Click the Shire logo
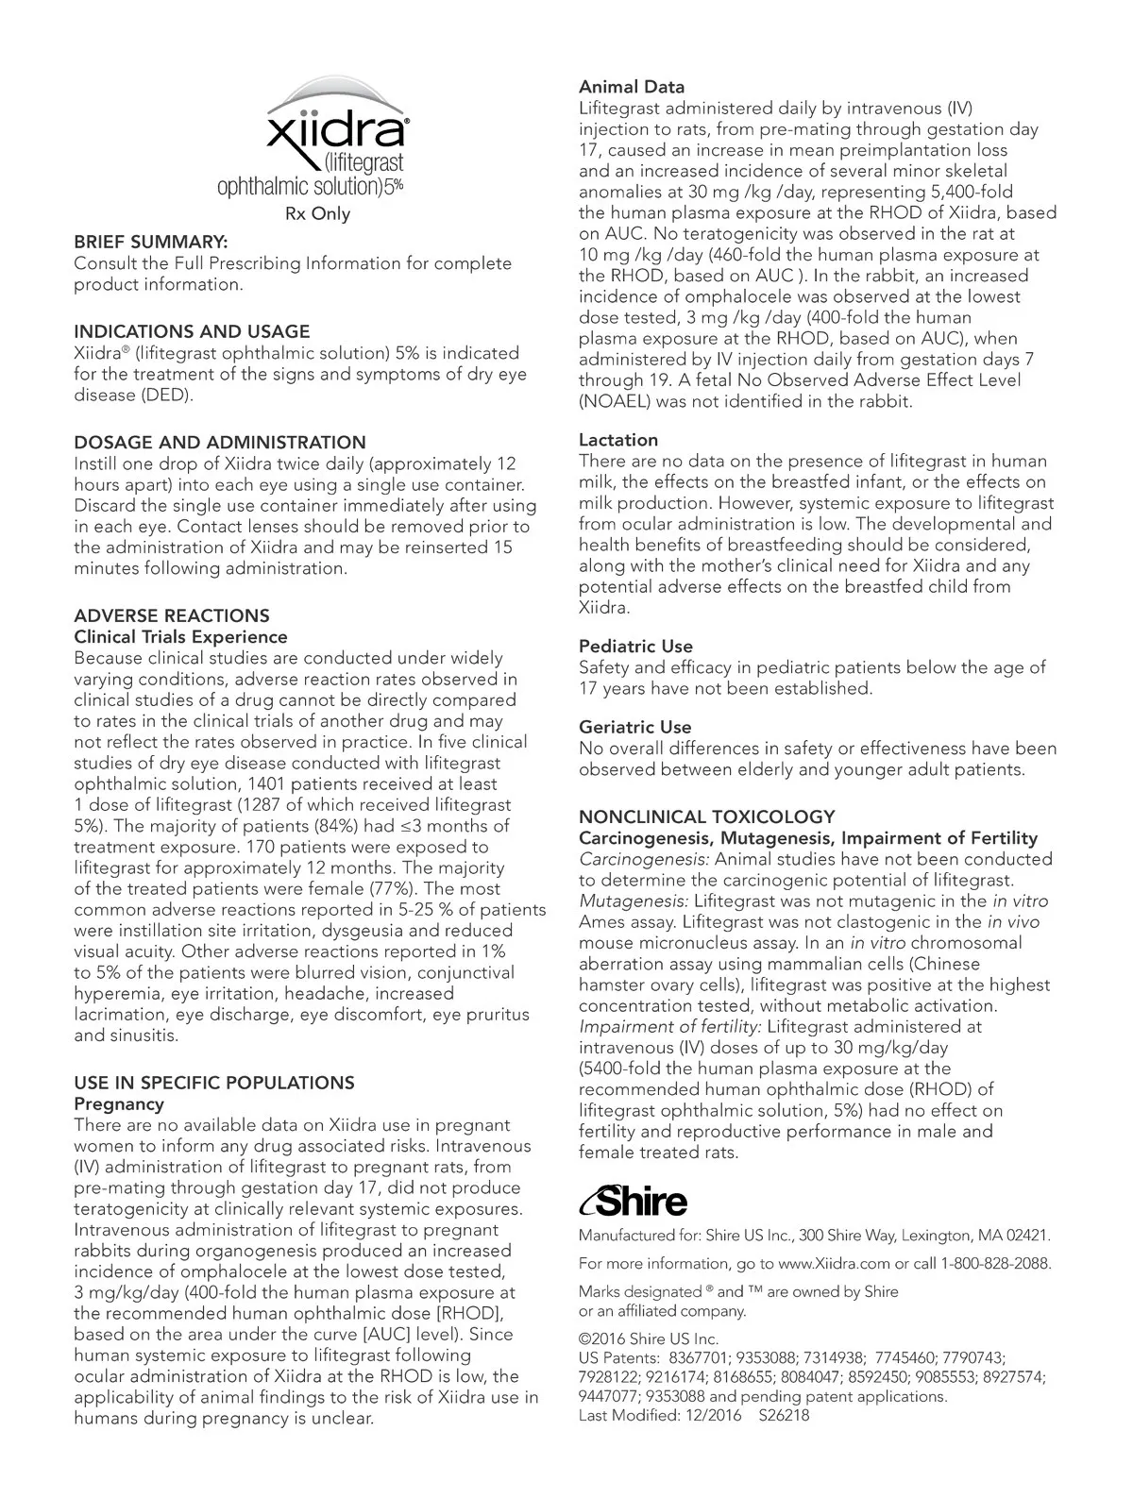point(634,1202)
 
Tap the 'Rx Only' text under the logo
point(317,214)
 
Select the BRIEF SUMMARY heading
point(150,243)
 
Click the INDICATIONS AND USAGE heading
point(192,331)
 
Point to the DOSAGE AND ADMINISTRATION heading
point(220,443)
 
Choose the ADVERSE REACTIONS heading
point(172,615)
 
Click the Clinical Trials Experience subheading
point(180,637)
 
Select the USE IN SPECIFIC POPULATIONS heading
point(214,1083)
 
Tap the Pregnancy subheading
point(119,1103)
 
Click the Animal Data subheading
point(632,88)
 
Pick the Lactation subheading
point(618,440)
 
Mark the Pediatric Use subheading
point(635,647)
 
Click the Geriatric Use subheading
point(634,728)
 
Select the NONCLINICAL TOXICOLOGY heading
point(707,816)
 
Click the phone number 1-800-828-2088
point(996,1263)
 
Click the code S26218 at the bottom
point(784,1415)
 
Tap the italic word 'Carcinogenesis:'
point(644,859)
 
